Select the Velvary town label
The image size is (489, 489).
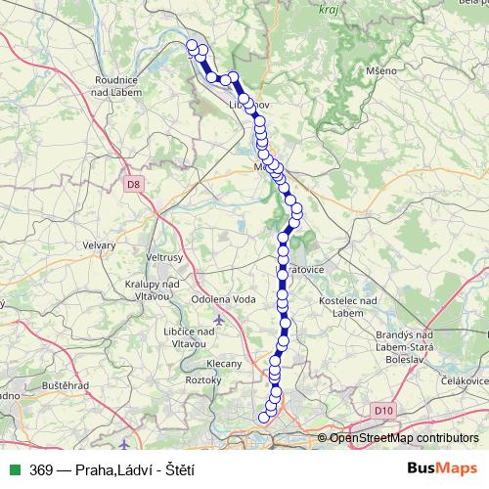tap(100, 245)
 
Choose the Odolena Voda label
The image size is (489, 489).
tap(224, 299)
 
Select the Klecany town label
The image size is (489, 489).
tap(225, 363)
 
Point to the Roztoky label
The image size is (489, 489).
tap(203, 379)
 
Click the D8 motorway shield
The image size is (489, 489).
tap(133, 183)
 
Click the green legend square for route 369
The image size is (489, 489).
tap(14, 469)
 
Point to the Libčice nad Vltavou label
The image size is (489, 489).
tap(178, 336)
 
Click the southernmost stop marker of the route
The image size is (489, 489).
tap(263, 419)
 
